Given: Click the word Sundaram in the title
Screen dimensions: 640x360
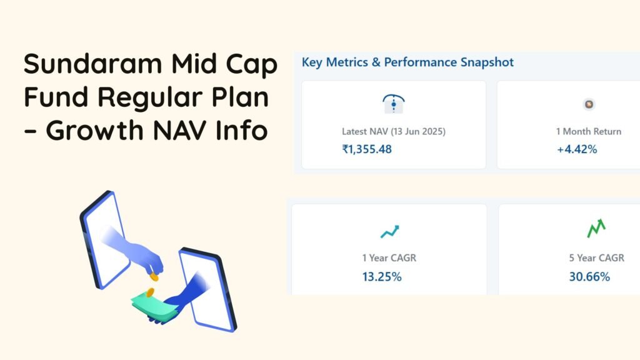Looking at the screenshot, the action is pos(93,64).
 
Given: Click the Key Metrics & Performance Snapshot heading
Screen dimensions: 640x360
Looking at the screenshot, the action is pos(407,62).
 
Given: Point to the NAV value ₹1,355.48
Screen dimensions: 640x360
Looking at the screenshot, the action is pos(367,149).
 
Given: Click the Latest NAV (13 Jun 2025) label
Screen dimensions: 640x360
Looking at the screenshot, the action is pos(394,131).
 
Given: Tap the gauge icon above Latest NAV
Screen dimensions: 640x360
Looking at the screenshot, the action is pos(394,104).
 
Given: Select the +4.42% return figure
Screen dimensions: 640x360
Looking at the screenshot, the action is pos(577,149).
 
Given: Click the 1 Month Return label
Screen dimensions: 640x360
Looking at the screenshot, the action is pos(589,131).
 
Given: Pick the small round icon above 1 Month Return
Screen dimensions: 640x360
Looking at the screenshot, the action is pos(589,104).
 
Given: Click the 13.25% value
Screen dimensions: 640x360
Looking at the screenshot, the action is pos(382,277).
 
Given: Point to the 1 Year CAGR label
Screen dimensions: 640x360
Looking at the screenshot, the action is pos(389,258).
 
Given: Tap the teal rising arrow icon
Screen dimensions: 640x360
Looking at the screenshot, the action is pos(390,231).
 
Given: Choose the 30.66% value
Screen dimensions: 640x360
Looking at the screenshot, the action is pos(590,277).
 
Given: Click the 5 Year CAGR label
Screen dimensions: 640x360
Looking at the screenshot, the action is pos(597,258).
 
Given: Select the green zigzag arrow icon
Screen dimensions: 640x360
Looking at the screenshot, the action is pos(596,229).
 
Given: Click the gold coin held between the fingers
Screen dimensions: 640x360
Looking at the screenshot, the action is pos(154,277).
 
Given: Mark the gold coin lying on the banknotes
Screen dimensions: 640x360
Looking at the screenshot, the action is pos(150,292).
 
